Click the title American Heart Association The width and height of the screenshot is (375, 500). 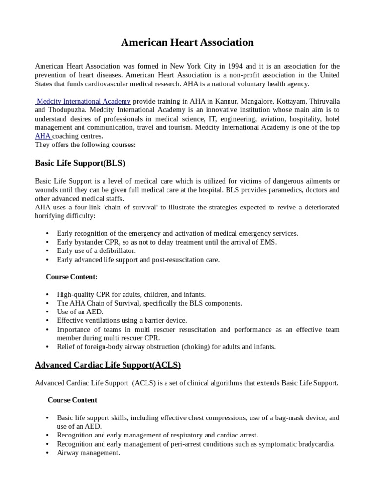tap(187, 42)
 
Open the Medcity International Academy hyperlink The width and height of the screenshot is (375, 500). tap(83, 101)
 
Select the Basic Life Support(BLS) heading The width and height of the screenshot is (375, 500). tap(80, 163)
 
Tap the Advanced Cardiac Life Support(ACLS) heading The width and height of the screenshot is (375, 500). tap(108, 365)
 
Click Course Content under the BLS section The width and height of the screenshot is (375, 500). tap(72, 277)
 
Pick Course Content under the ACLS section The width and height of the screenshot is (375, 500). tap(72, 400)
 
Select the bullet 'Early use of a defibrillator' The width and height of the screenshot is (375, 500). tap(96, 250)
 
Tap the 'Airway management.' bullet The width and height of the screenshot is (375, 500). tap(88, 453)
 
